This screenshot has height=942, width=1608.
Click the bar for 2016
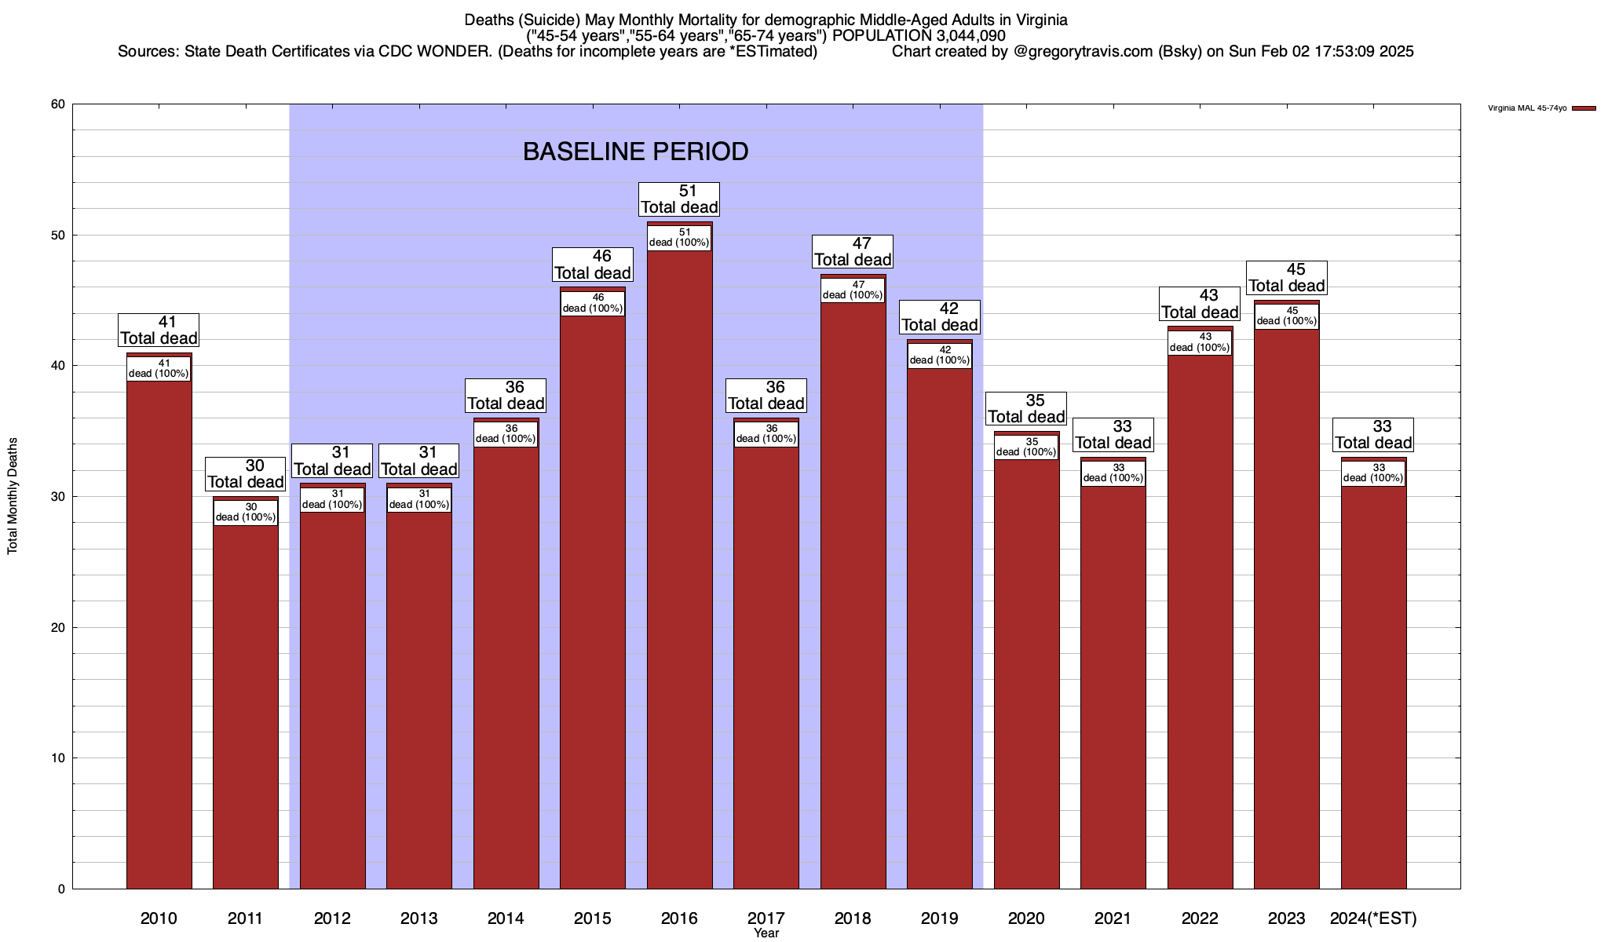click(679, 565)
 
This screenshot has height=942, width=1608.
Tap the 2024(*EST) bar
click(1373, 683)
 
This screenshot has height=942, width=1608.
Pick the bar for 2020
click(1026, 667)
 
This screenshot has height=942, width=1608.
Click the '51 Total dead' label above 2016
click(679, 199)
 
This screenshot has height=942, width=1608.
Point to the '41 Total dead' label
click(159, 330)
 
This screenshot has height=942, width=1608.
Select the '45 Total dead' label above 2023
click(1287, 278)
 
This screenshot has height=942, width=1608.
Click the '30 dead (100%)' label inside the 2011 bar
click(246, 512)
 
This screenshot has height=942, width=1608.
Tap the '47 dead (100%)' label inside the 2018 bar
click(853, 290)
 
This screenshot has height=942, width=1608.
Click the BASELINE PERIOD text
click(635, 152)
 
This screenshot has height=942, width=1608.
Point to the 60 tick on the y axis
click(58, 104)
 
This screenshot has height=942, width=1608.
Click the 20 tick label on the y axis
click(58, 627)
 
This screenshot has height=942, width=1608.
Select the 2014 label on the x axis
click(506, 918)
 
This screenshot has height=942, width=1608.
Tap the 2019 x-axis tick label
click(939, 918)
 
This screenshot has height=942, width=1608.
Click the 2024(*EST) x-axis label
click(1373, 918)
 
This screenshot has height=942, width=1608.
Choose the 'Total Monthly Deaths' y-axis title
click(13, 496)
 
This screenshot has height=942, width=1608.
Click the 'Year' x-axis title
click(766, 933)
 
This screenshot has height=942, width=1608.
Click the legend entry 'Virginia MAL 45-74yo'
click(1527, 108)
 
